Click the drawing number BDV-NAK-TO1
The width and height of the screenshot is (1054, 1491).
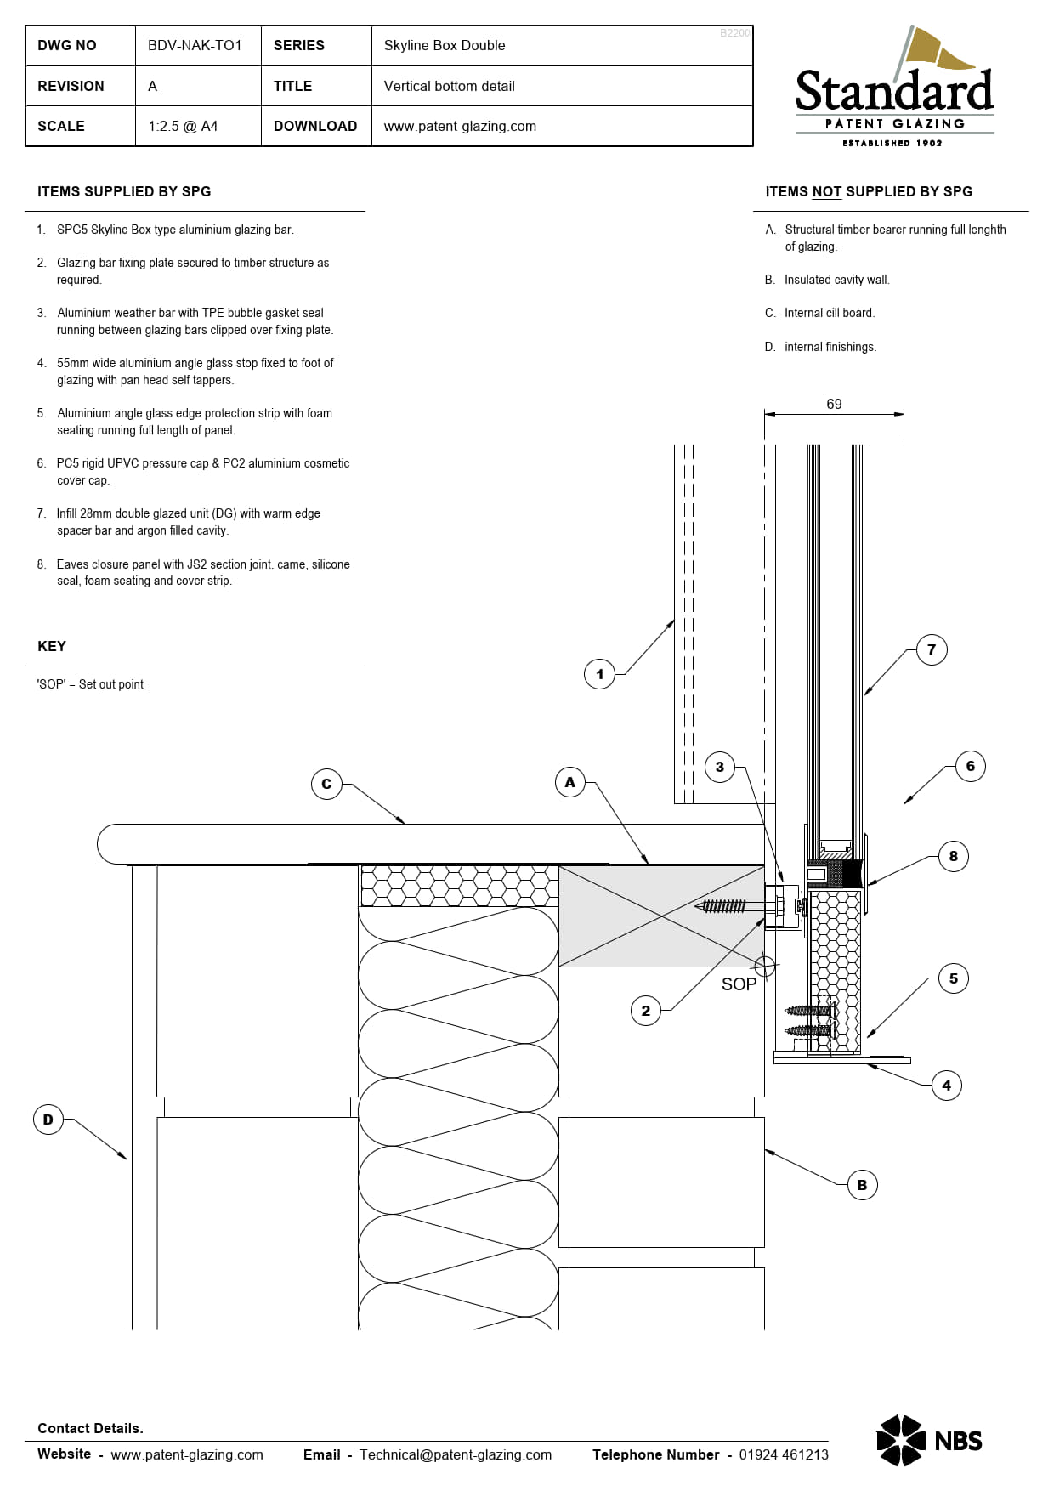click(195, 45)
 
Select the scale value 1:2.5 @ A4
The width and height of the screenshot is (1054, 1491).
click(183, 126)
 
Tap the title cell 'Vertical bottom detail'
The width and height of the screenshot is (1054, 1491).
click(449, 86)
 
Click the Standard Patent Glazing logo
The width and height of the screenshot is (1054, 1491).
click(894, 87)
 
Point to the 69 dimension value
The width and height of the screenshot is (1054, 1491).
click(834, 404)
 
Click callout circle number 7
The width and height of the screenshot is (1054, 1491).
click(932, 649)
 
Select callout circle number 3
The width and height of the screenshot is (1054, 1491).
click(720, 767)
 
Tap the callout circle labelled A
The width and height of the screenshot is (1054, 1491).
click(570, 782)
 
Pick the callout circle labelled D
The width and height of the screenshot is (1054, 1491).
click(48, 1120)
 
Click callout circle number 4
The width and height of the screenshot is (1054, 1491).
click(947, 1086)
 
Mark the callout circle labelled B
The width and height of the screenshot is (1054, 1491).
click(862, 1185)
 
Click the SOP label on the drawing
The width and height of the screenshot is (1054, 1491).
click(739, 984)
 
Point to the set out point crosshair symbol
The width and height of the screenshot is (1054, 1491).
click(764, 967)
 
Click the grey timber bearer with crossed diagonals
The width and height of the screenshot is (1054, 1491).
click(661, 916)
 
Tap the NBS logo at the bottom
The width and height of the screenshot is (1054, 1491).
click(929, 1441)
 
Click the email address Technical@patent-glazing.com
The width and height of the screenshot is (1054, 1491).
click(456, 1454)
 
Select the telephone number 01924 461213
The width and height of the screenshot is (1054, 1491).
click(784, 1454)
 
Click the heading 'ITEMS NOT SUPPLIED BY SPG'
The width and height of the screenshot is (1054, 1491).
click(869, 191)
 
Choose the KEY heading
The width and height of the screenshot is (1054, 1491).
click(52, 646)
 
